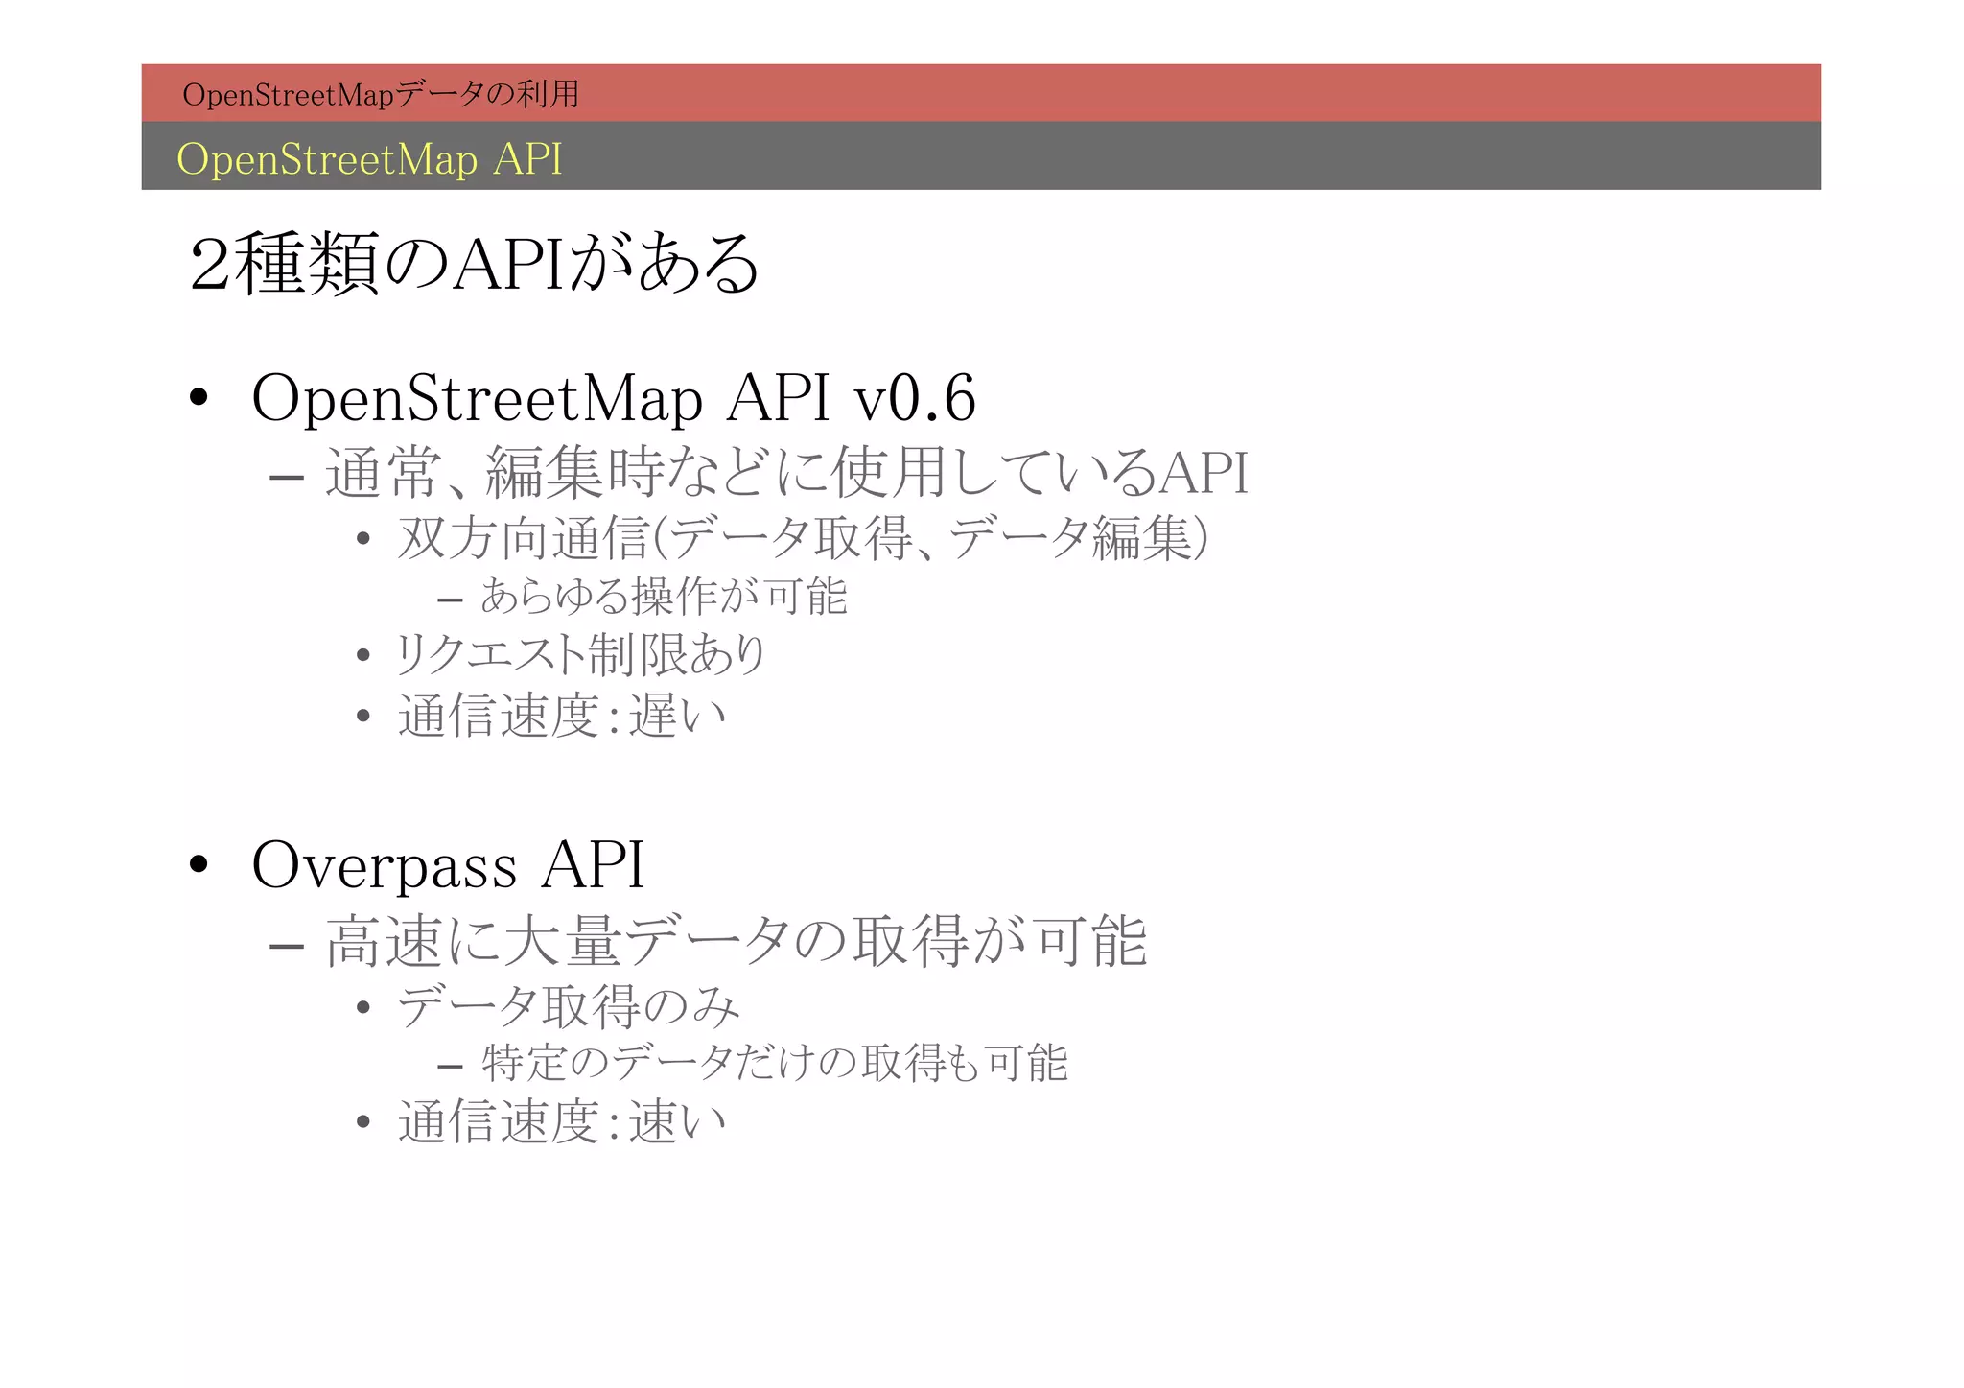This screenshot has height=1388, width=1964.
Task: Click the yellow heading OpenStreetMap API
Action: [369, 159]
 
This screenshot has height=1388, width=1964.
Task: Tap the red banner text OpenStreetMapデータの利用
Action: [381, 94]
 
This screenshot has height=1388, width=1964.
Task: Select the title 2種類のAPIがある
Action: [475, 264]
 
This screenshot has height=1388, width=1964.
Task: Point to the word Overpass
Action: [384, 865]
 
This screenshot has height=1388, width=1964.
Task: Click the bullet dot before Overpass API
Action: [199, 865]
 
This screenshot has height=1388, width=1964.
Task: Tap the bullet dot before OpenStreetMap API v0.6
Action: [199, 398]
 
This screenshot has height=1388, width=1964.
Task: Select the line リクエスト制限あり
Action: [581, 655]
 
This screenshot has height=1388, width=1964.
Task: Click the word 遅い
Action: [677, 716]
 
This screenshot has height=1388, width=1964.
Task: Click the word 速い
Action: [677, 1122]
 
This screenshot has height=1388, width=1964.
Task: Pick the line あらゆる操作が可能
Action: [664, 597]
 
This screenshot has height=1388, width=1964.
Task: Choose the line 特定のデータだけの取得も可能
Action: [774, 1063]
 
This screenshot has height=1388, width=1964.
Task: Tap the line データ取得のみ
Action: [569, 1007]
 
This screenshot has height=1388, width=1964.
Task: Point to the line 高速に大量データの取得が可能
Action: [736, 942]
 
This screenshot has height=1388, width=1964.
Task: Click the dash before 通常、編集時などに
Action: [287, 477]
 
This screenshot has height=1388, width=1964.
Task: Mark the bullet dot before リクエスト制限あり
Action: [362, 657]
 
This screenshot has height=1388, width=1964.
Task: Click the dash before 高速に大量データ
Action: [287, 946]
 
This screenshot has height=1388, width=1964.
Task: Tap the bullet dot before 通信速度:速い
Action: [362, 1123]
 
